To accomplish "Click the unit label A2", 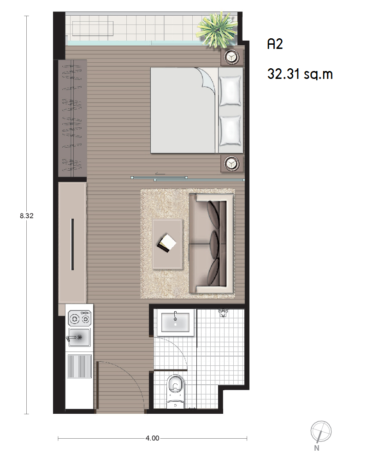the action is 275,44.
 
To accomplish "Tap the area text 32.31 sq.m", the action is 300,74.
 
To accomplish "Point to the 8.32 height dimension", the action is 27,216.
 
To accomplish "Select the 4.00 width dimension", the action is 153,438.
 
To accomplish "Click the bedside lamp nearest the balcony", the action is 232,57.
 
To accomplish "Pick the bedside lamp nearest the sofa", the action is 232,163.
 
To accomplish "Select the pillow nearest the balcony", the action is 230,91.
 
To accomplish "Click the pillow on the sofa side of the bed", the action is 230,131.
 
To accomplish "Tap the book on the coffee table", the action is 167,243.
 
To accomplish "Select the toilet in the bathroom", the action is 175,391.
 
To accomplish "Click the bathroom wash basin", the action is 176,322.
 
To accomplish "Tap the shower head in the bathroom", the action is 223,313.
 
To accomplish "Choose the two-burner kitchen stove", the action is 79,318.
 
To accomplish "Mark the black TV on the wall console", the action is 72,244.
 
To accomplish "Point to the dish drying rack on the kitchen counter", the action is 80,366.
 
